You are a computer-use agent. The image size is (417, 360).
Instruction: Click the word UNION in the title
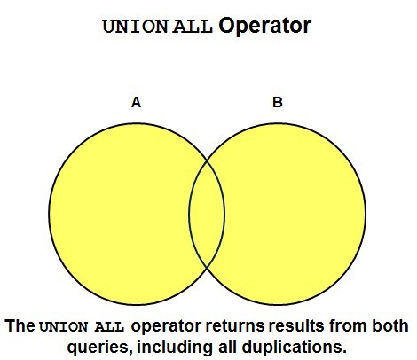pyautogui.click(x=136, y=27)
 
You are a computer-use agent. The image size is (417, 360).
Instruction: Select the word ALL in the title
pyautogui.click(x=193, y=27)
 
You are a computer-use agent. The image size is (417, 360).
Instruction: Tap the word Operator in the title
pyautogui.click(x=264, y=27)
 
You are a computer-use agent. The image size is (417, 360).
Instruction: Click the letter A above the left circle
pyautogui.click(x=136, y=103)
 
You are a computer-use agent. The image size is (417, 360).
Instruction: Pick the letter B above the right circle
pyautogui.click(x=278, y=102)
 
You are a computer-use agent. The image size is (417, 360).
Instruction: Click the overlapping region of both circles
pyautogui.click(x=207, y=214)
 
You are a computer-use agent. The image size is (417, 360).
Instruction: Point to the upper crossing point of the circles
pyautogui.click(x=207, y=160)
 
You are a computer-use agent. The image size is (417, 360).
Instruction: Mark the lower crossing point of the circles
pyautogui.click(x=207, y=268)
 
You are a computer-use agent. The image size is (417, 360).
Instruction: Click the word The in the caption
pyautogui.click(x=20, y=325)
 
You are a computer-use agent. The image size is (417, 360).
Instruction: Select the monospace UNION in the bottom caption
pyautogui.click(x=64, y=327)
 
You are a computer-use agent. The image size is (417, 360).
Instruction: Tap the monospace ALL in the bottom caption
pyautogui.click(x=109, y=327)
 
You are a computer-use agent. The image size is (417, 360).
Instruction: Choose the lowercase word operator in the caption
pyautogui.click(x=166, y=326)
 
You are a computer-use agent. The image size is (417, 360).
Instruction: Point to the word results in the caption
pyautogui.click(x=296, y=326)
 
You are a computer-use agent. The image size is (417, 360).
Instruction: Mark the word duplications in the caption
pyautogui.click(x=294, y=348)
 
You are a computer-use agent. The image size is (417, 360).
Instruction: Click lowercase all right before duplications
pyautogui.click(x=227, y=347)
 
